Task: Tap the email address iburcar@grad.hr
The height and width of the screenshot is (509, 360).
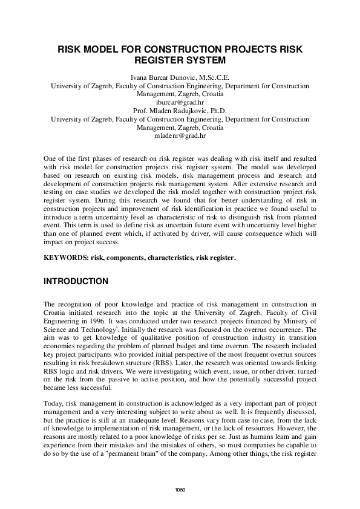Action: point(180,103)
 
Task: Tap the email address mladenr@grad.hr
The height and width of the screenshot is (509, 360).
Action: point(180,137)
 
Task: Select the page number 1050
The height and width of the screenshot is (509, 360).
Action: point(180,488)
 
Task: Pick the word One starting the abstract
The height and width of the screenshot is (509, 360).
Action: point(50,158)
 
